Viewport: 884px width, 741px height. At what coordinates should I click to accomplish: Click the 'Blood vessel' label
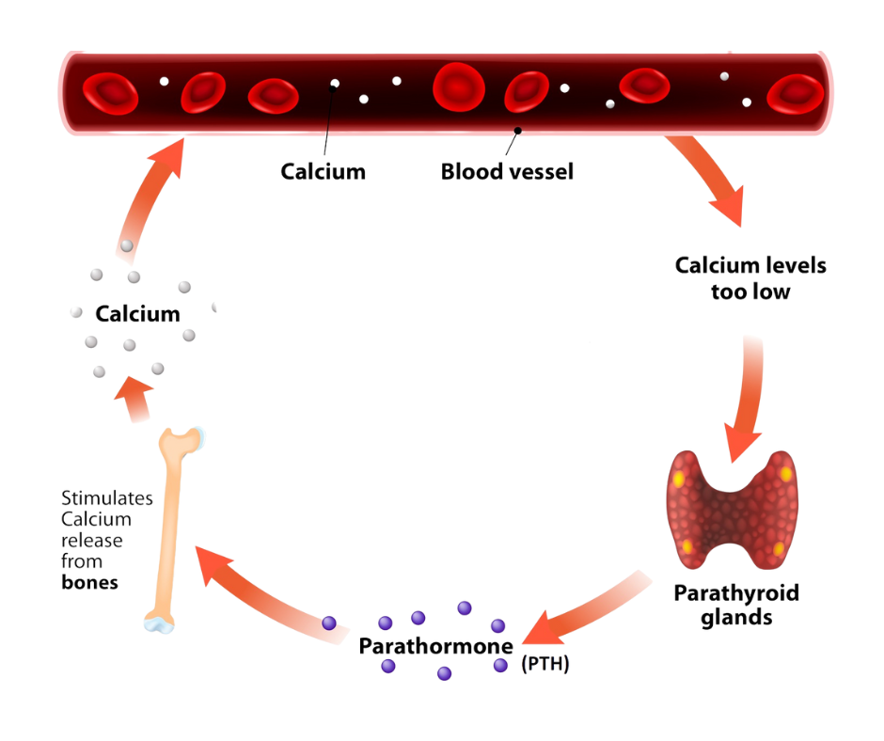tap(507, 172)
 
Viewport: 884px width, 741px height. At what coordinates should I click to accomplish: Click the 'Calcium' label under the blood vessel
tap(323, 172)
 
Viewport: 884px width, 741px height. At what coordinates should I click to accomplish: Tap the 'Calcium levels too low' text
tap(750, 278)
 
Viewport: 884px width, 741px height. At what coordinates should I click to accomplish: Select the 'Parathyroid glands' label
tap(736, 606)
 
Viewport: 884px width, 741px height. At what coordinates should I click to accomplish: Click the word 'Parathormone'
tap(436, 648)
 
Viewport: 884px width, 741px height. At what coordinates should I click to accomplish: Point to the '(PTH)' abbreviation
tap(545, 664)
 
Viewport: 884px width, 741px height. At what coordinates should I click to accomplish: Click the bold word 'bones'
tap(89, 582)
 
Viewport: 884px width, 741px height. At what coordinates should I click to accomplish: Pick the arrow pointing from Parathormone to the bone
tap(263, 592)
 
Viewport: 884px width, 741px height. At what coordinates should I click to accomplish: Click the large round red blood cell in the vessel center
tap(459, 87)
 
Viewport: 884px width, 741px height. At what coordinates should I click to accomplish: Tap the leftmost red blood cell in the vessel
tap(110, 92)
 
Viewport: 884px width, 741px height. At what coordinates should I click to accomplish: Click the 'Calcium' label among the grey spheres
tap(137, 313)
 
